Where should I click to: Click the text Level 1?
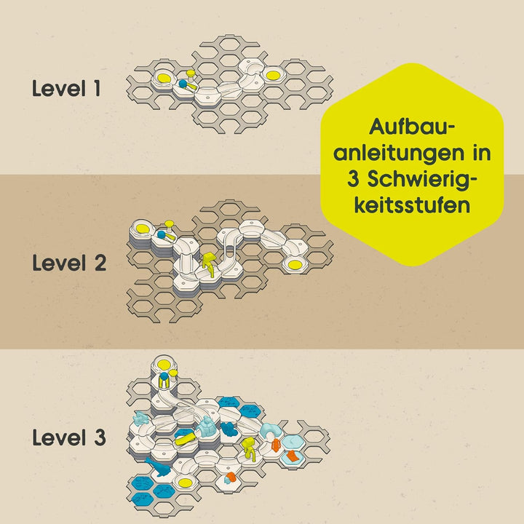[x=66, y=89]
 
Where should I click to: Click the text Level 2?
[x=69, y=263]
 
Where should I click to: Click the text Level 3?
[x=69, y=437]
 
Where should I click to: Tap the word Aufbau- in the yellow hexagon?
[x=413, y=127]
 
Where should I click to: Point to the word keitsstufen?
[x=413, y=205]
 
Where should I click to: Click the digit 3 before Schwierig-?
[x=353, y=179]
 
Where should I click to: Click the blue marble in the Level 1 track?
[x=183, y=84]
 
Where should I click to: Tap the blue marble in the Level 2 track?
[x=162, y=234]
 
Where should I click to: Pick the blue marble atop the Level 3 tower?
[x=164, y=377]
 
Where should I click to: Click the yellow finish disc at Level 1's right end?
[x=272, y=75]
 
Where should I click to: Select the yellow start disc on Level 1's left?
[x=164, y=77]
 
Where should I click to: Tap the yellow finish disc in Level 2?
[x=295, y=264]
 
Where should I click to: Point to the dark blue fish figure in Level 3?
[x=159, y=467]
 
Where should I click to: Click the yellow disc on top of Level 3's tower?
[x=164, y=364]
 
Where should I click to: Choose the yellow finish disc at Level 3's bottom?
[x=185, y=483]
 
